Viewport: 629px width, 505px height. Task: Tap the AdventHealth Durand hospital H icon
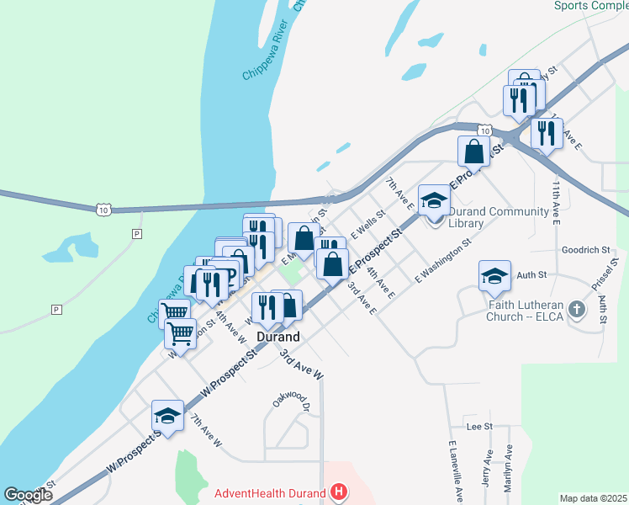pyautogui.click(x=338, y=492)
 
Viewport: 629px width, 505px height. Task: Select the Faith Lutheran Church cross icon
pyautogui.click(x=576, y=309)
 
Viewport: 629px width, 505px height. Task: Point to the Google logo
pyautogui.click(x=28, y=495)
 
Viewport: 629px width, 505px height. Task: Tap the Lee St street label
pyautogui.click(x=478, y=427)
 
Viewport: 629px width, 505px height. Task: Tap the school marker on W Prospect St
pyautogui.click(x=167, y=415)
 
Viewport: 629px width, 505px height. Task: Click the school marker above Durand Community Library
pyautogui.click(x=434, y=200)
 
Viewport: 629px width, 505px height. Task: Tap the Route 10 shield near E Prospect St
pyautogui.click(x=484, y=130)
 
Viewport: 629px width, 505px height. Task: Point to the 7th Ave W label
pyautogui.click(x=205, y=430)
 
